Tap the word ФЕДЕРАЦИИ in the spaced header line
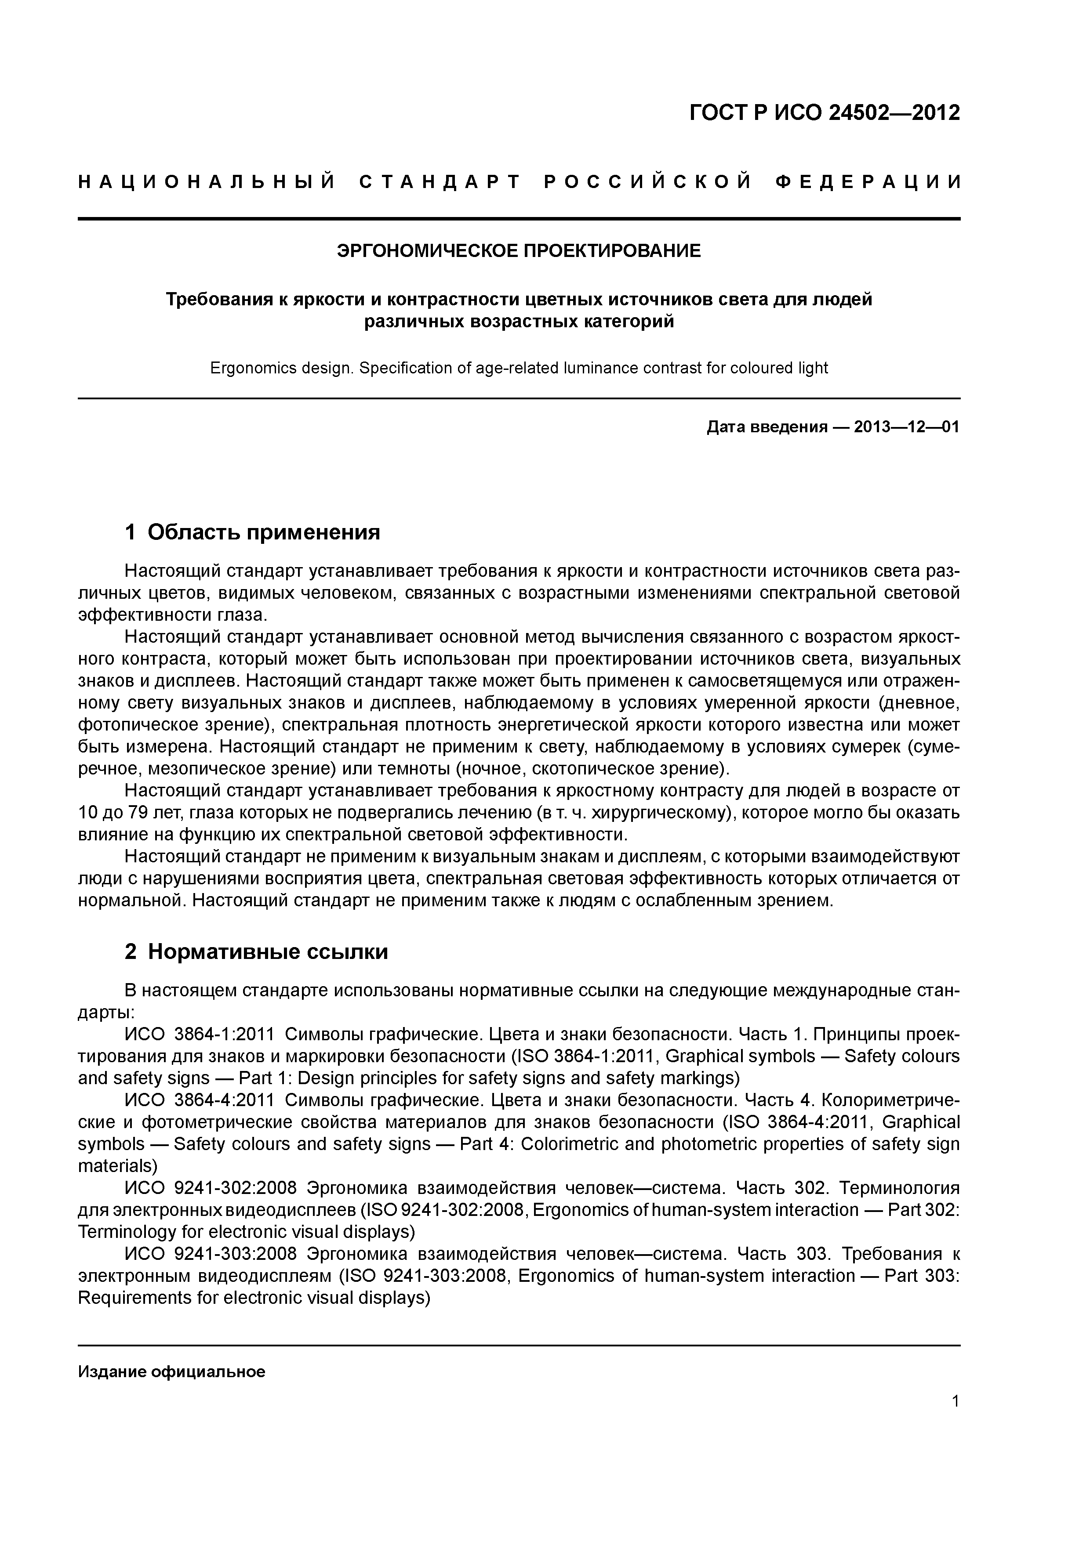pos(867,182)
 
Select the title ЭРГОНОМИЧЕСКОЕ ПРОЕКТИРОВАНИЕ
pos(518,251)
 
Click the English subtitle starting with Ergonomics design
pos(519,369)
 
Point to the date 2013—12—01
pos(906,427)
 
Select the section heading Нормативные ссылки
pos(267,952)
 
